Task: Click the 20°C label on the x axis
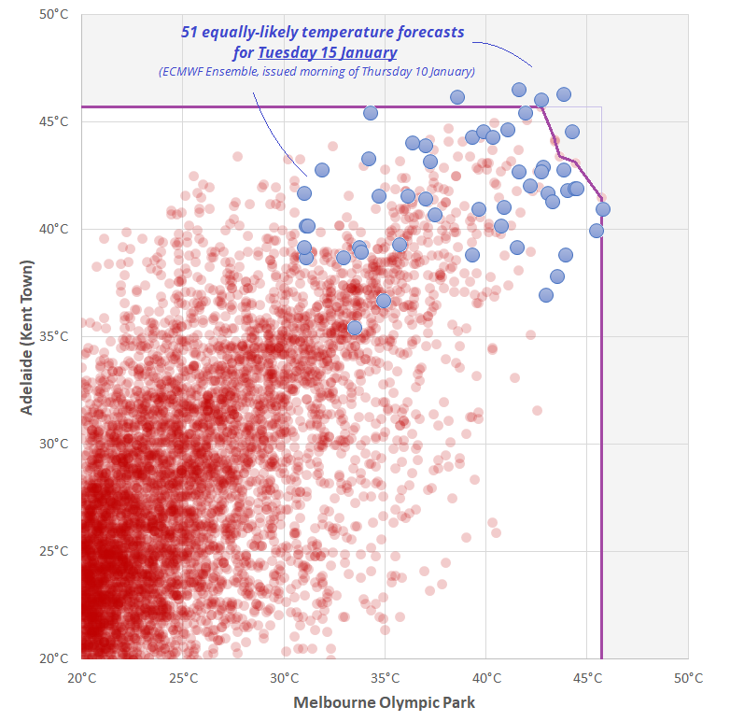pos(81,677)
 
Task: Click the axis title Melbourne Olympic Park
pos(385,702)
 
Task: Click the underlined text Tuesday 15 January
pos(328,52)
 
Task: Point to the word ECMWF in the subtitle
pos(184,71)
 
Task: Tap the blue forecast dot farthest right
pos(603,209)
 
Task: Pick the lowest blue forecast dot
pos(355,328)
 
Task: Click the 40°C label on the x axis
pos(486,677)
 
